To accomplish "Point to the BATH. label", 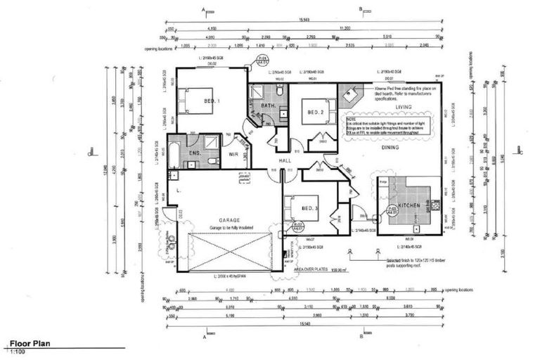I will [x=267, y=105].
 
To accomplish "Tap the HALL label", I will [x=283, y=161].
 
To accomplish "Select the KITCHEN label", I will [x=409, y=205].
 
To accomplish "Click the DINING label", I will [x=390, y=148].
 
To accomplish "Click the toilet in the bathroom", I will [x=280, y=92].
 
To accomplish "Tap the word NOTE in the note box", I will [x=349, y=119].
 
